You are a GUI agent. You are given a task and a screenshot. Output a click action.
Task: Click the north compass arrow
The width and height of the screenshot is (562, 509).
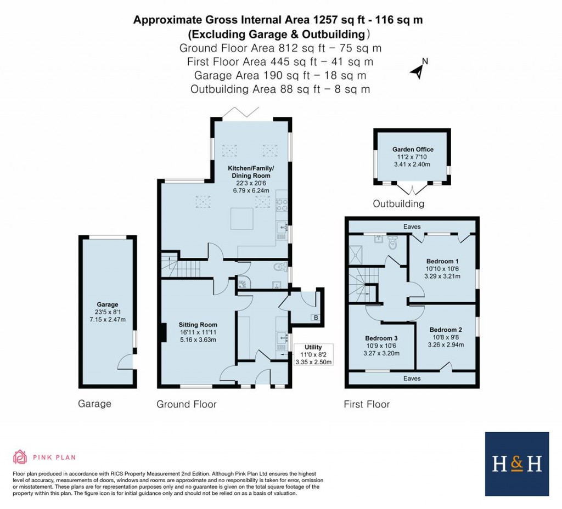coord(419,69)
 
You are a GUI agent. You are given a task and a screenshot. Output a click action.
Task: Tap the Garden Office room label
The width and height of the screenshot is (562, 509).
coord(413,149)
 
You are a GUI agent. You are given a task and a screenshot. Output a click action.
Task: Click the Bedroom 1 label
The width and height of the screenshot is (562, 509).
coord(442,261)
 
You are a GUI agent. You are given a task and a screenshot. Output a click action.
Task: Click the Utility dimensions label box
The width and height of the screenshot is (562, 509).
coord(313,354)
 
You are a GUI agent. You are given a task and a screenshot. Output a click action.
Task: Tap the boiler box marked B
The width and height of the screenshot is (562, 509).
coord(315,317)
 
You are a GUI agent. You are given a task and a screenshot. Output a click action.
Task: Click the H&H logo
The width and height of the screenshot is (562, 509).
coord(516,463)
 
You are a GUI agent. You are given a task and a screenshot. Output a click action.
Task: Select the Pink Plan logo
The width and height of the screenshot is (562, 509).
coord(44,456)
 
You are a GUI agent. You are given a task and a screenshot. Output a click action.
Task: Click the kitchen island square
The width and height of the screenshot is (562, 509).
coord(241,219)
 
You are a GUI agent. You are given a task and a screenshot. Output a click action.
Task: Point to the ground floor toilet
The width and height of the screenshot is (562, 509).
coord(280,267)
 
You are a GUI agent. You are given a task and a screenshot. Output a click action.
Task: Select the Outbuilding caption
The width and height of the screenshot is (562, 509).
coord(398,204)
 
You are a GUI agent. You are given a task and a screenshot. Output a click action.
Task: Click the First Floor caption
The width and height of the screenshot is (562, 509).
coord(367,404)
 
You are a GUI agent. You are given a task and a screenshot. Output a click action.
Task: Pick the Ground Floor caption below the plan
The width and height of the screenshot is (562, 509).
coord(187,404)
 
